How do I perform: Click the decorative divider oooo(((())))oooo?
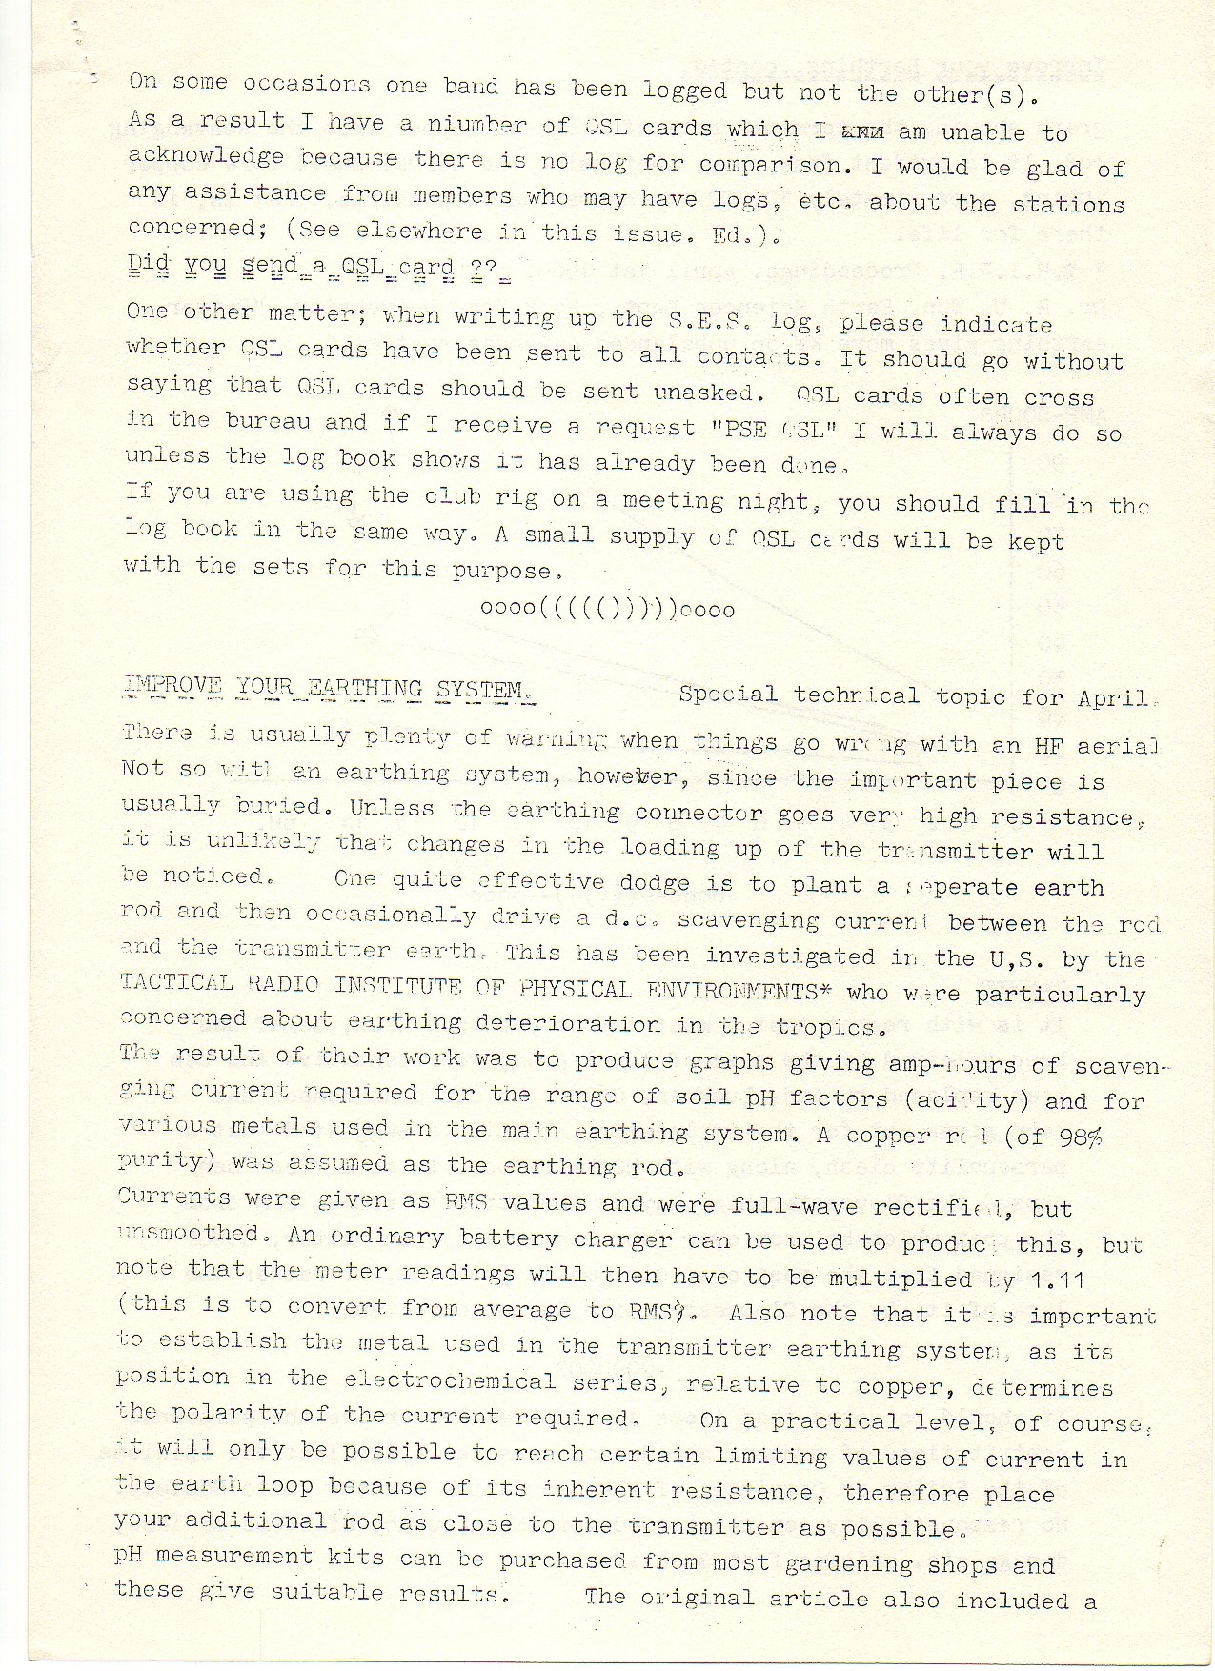point(607,609)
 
